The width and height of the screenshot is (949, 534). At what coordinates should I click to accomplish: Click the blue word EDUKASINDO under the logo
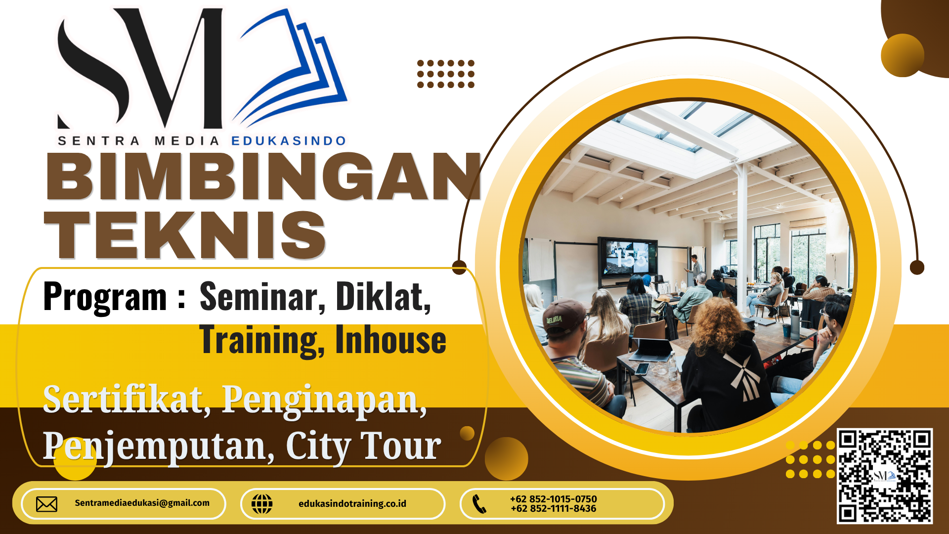[x=289, y=141]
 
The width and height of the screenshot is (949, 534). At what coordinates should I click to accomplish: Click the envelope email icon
[x=46, y=504]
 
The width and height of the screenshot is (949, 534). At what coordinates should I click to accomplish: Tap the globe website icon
[x=262, y=504]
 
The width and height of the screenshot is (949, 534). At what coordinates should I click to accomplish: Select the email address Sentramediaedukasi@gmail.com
[x=142, y=503]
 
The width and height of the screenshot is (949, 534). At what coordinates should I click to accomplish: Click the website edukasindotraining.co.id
[x=352, y=503]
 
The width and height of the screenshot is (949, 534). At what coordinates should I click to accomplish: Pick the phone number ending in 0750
[x=554, y=499]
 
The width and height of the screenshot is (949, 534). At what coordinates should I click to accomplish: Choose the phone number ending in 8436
[x=554, y=508]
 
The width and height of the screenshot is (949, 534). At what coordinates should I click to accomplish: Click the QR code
[x=885, y=476]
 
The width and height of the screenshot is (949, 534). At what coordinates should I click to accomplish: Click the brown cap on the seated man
[x=564, y=316]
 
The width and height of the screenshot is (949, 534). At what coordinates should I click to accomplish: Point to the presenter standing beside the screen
[x=695, y=269]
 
